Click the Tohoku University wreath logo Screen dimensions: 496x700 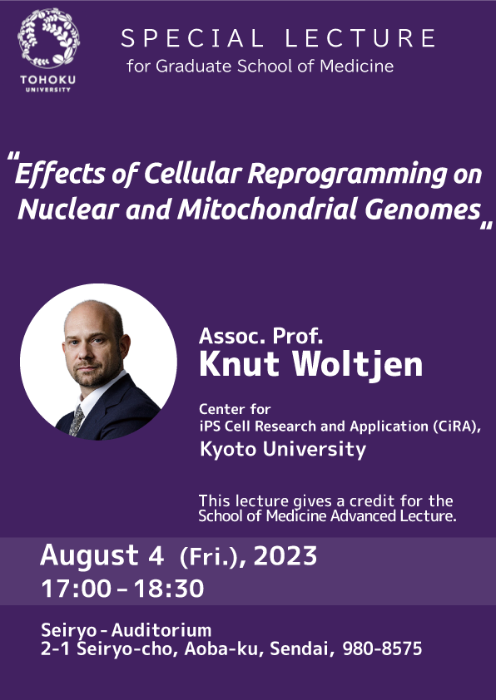click(49, 38)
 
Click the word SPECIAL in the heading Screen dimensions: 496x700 click(192, 38)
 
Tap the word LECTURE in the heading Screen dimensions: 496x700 click(360, 38)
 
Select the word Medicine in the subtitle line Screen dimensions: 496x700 click(356, 66)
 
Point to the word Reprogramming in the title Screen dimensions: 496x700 click(348, 174)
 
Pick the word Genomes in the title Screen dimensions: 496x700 click(422, 210)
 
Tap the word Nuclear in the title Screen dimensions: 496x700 click(68, 209)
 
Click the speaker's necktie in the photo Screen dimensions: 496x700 click(76, 420)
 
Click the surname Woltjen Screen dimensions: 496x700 click(358, 365)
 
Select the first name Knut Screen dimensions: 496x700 click(239, 364)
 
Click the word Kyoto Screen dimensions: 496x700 click(228, 449)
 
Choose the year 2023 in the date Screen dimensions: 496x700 click(285, 556)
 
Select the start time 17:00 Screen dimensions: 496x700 click(76, 589)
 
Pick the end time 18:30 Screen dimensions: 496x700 click(168, 589)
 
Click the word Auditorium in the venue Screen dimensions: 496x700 click(161, 630)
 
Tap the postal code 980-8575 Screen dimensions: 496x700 click(382, 648)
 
